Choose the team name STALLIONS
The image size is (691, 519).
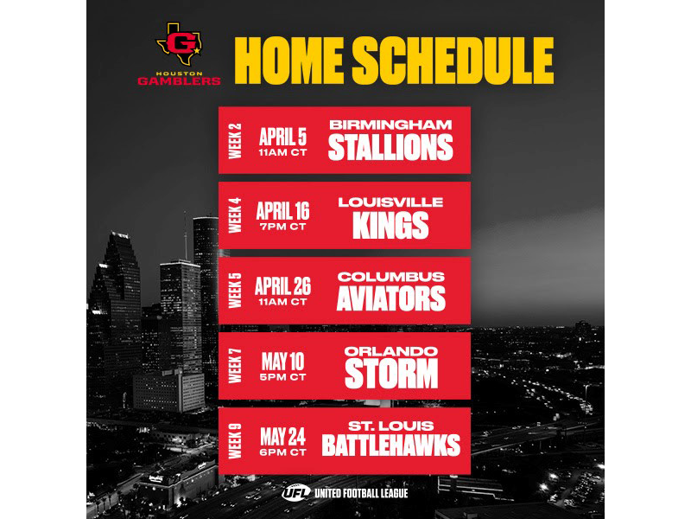pyautogui.click(x=390, y=148)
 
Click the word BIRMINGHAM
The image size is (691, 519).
pyautogui.click(x=390, y=125)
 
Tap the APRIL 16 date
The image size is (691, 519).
pyautogui.click(x=283, y=210)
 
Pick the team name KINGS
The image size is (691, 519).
pyautogui.click(x=390, y=225)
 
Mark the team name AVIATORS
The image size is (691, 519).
pyautogui.click(x=390, y=298)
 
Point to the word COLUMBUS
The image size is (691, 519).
pyautogui.click(x=390, y=276)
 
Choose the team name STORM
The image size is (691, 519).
pyautogui.click(x=390, y=374)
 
